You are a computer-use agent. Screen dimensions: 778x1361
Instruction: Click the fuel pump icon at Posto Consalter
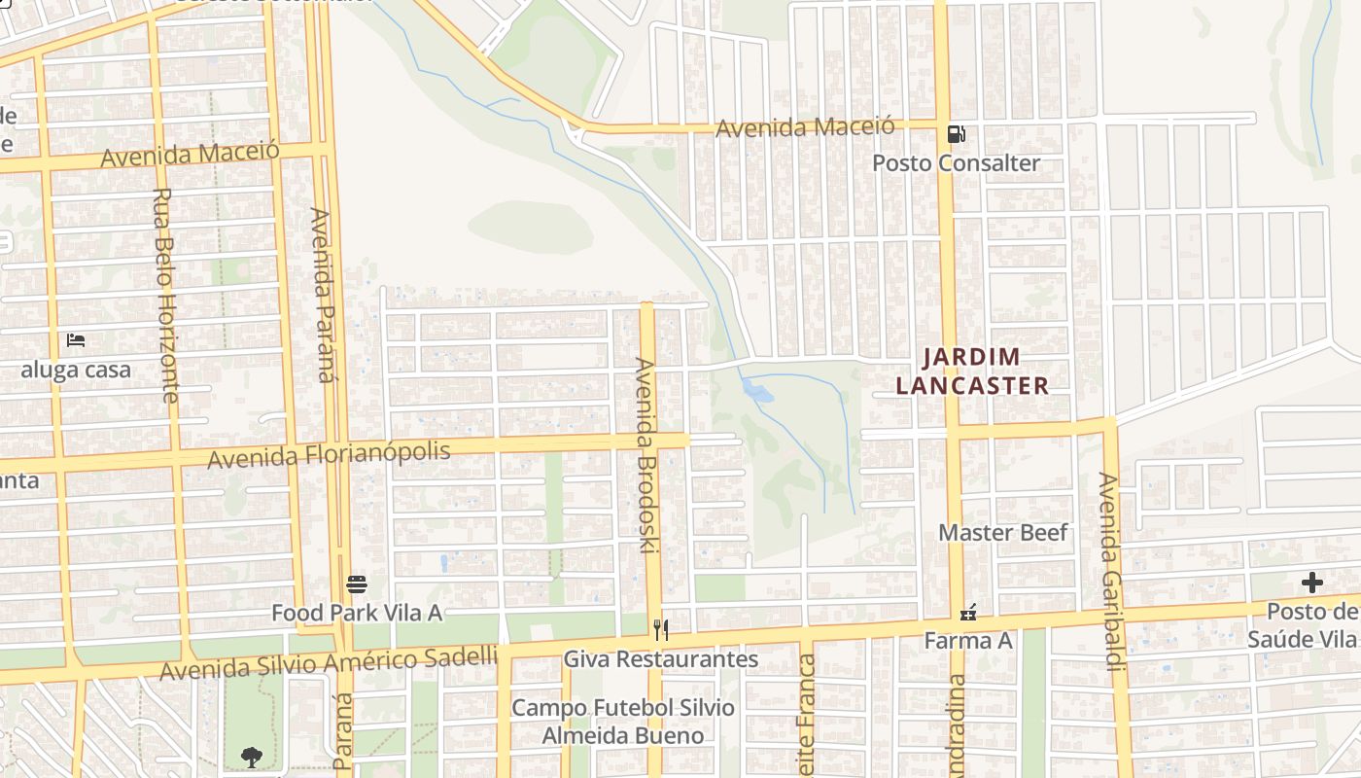(x=957, y=134)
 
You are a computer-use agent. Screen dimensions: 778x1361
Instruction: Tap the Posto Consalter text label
(x=956, y=163)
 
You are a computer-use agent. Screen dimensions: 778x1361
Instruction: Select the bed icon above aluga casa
(x=76, y=340)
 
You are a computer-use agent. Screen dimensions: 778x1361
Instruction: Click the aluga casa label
(x=76, y=371)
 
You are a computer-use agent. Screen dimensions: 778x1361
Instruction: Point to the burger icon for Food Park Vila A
(x=357, y=584)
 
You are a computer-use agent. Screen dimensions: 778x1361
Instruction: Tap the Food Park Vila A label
(x=357, y=613)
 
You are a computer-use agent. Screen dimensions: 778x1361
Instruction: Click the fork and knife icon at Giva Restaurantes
(x=661, y=630)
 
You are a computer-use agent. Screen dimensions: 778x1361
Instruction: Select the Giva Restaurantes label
(x=661, y=659)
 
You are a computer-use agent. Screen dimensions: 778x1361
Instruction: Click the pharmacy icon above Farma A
(x=968, y=613)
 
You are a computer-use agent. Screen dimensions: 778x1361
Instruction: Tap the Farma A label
(x=968, y=641)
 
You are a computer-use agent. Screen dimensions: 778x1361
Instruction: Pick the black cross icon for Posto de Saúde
(x=1312, y=583)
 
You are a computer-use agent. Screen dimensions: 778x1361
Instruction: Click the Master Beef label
(x=1003, y=533)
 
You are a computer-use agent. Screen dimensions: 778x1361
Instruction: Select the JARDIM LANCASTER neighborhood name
(x=972, y=371)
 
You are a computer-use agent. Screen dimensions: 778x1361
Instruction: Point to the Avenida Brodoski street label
(x=646, y=455)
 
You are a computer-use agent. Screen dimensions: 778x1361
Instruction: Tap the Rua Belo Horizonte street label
(x=164, y=296)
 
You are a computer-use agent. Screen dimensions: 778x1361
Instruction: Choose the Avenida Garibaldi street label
(x=1109, y=571)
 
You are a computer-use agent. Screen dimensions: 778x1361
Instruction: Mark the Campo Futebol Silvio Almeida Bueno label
(x=622, y=722)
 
